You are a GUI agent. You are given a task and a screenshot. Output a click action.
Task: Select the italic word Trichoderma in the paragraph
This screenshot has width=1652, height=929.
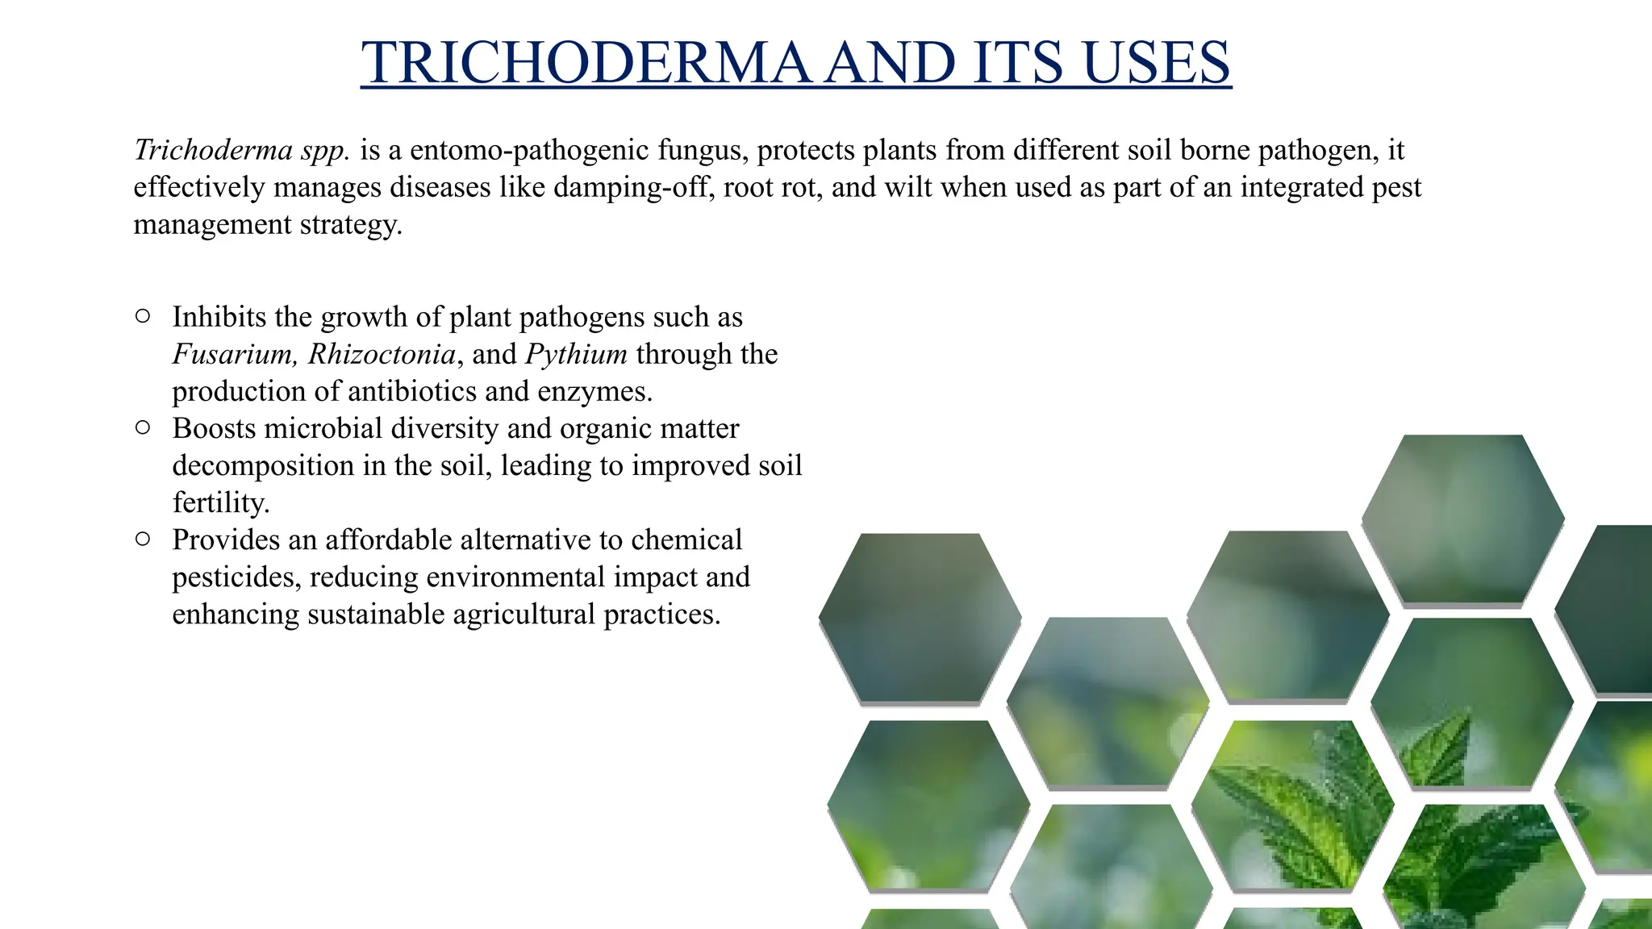pyautogui.click(x=213, y=150)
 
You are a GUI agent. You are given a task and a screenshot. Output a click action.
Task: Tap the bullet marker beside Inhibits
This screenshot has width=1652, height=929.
pyautogui.click(x=143, y=316)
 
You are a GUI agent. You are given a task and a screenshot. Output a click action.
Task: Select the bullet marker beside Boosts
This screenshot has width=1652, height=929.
pyautogui.click(x=143, y=427)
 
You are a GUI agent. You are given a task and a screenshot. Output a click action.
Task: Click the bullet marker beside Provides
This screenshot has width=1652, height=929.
pyautogui.click(x=143, y=539)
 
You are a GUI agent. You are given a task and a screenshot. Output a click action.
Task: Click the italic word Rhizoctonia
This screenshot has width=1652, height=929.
pyautogui.click(x=382, y=354)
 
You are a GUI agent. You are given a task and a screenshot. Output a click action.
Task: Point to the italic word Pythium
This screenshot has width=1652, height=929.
pyautogui.click(x=576, y=354)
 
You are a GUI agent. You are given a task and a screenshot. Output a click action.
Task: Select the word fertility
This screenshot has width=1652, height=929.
pyautogui.click(x=219, y=502)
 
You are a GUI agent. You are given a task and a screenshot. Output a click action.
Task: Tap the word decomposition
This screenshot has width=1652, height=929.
pyautogui.click(x=261, y=465)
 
